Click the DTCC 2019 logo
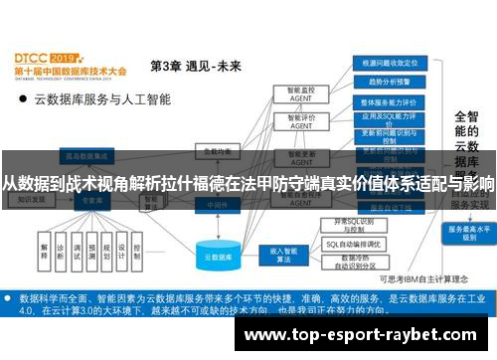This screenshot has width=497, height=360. pyautogui.click(x=45, y=59)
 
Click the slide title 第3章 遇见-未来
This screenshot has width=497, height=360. pyautogui.click(x=195, y=67)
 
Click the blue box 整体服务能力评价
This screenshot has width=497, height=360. pyautogui.click(x=388, y=101)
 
